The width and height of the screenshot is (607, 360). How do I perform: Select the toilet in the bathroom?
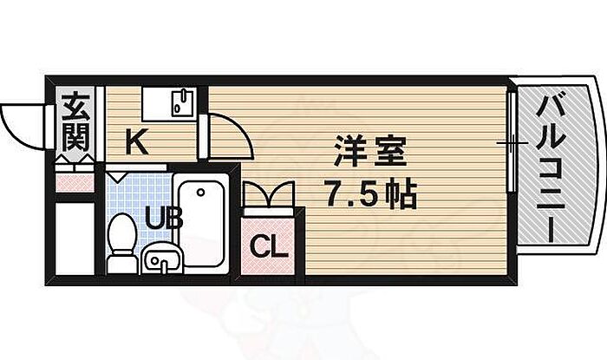tap(122, 233)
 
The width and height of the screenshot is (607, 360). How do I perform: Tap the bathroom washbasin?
tap(160, 258)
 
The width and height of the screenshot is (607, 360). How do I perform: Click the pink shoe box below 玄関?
tap(74, 181)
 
